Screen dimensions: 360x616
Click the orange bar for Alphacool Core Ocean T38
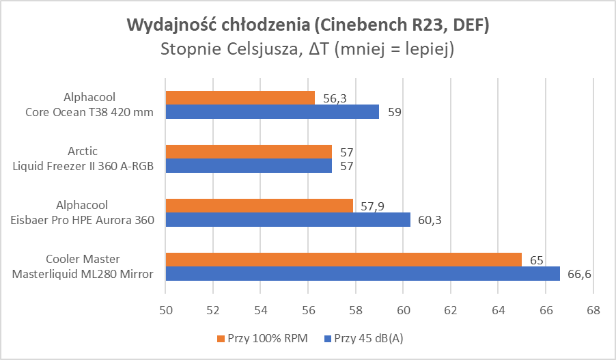pos(240,98)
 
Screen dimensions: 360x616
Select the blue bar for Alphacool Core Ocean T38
pos(272,111)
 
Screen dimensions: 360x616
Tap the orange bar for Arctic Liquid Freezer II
pos(249,151)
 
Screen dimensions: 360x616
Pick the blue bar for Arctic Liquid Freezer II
pos(249,165)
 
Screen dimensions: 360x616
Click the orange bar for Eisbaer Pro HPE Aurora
pos(259,205)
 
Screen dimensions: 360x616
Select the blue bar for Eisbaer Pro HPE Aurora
pos(288,219)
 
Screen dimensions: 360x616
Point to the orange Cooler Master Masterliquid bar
pos(344,259)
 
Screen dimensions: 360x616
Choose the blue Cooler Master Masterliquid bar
pos(363,273)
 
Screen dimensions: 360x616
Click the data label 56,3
pos(335,98)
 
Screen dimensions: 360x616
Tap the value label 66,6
pos(580,274)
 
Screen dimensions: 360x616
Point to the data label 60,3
pos(430,219)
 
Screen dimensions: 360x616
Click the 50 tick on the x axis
pos(165,310)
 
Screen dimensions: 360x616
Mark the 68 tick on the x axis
pos(593,310)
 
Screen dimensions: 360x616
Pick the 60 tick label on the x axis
pos(403,310)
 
